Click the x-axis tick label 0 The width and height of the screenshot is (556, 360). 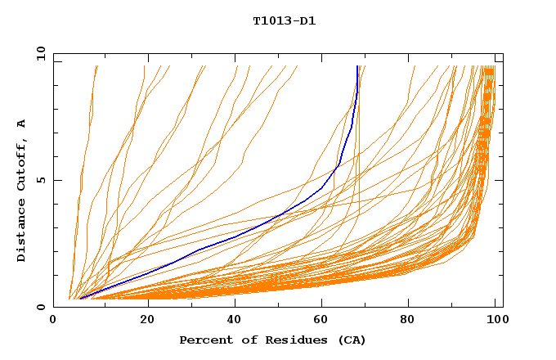point(53,322)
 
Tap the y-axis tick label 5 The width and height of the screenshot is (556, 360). point(41,181)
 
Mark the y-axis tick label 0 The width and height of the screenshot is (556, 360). point(41,307)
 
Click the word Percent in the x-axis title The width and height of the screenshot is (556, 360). point(204,340)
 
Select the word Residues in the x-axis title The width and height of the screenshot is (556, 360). point(287,340)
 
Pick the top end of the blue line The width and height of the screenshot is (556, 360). point(357,66)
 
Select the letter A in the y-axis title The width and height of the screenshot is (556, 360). point(22,124)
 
